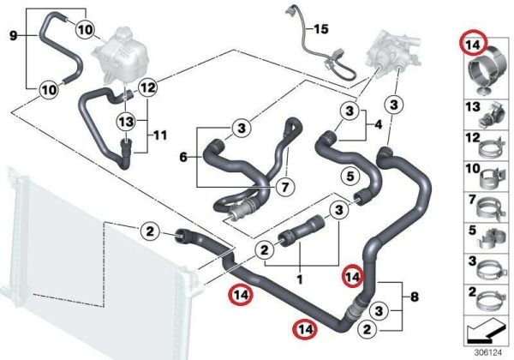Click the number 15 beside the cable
tap(321, 29)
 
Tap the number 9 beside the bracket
tap(13, 35)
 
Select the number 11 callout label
tap(160, 135)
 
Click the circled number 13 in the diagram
tap(127, 122)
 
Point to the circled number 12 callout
tap(147, 87)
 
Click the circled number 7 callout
tap(285, 187)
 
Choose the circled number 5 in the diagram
tap(350, 177)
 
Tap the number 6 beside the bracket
tap(183, 158)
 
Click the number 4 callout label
tap(379, 124)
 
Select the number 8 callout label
tap(415, 297)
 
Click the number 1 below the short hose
tap(299, 279)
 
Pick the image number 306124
tap(488, 353)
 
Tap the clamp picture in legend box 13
tap(491, 116)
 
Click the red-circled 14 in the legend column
tap(474, 45)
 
